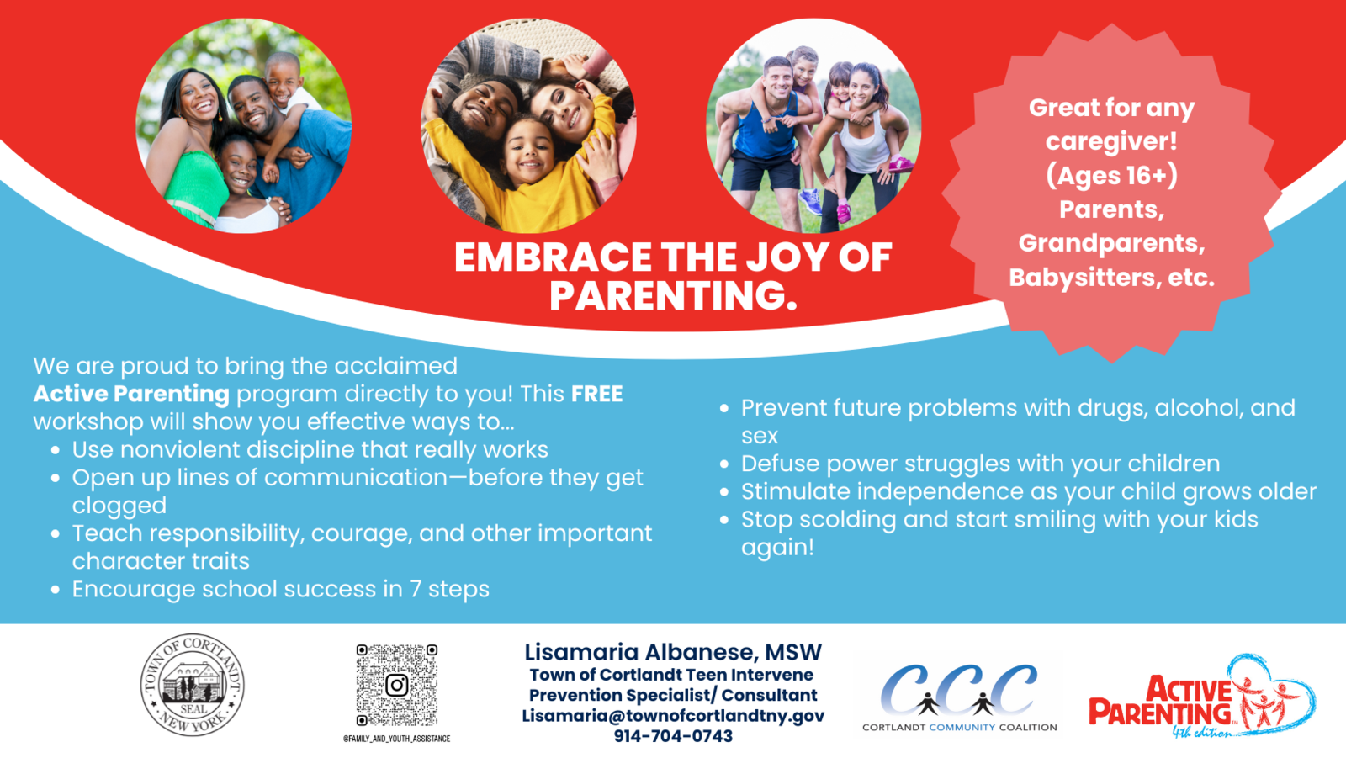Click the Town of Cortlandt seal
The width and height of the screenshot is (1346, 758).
(x=193, y=685)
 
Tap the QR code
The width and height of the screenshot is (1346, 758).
(x=396, y=685)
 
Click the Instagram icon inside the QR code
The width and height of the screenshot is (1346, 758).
(x=396, y=685)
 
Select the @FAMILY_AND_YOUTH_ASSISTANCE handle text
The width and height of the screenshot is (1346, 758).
(x=396, y=739)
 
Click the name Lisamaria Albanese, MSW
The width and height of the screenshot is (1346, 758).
(x=673, y=652)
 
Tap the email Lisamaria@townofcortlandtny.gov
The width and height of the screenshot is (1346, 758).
(x=673, y=715)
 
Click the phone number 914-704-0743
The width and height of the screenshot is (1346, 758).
(x=673, y=736)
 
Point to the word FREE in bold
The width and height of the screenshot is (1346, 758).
(x=596, y=394)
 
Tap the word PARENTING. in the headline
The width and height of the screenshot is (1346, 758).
(x=673, y=295)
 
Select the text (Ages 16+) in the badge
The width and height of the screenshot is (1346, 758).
(x=1111, y=176)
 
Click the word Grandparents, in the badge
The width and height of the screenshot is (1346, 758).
(x=1111, y=243)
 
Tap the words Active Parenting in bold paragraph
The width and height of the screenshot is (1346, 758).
(x=131, y=394)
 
